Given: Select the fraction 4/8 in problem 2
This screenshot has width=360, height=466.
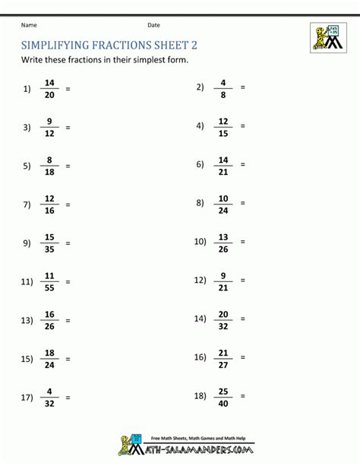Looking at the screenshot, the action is pos(224,88).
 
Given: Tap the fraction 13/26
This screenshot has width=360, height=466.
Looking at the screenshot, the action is pos(224,243).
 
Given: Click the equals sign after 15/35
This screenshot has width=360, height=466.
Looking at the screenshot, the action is pos(68,243).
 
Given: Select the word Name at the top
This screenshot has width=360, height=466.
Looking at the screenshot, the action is pos(29,25).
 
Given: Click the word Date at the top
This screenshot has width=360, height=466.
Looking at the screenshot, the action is pos(153,25).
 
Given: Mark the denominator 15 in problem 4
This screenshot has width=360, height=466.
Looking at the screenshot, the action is pos(224,133).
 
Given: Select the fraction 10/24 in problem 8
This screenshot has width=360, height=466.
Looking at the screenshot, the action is pos(224,204).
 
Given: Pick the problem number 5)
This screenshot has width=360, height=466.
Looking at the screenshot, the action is pos(28,166).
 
